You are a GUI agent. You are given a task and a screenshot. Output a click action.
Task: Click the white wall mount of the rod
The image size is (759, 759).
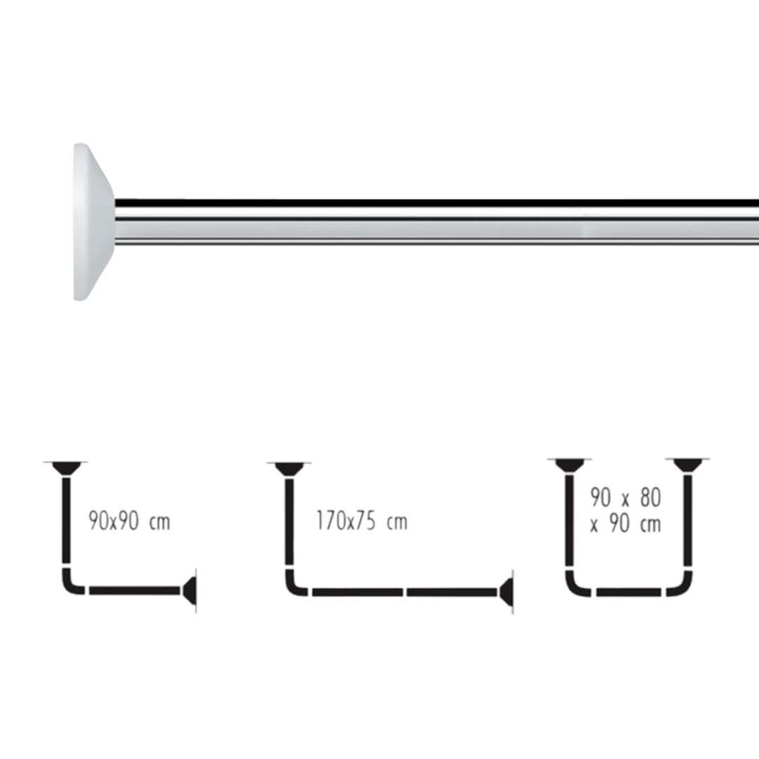point(93,221)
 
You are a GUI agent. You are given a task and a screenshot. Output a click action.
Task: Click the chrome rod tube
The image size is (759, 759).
point(436,221)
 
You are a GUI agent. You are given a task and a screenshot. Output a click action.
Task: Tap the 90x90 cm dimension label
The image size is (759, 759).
point(130,521)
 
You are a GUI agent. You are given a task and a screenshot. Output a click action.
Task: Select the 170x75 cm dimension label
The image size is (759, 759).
point(362,521)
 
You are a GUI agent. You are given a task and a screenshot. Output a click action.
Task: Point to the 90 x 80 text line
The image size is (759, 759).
point(625,498)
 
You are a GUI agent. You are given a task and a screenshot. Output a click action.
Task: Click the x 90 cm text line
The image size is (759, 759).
point(625,524)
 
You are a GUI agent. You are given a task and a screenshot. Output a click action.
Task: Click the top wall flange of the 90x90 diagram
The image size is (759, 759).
point(66,468)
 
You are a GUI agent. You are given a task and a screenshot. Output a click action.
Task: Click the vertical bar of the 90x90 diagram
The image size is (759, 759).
point(66,520)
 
